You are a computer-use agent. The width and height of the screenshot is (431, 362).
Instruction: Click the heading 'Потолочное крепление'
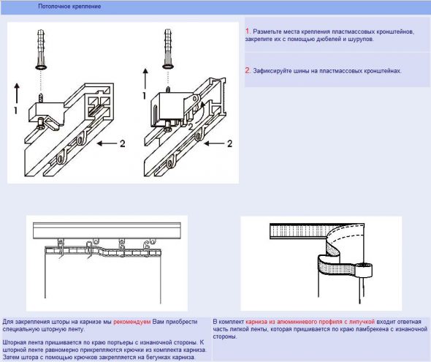pyautogui.click(x=69, y=6)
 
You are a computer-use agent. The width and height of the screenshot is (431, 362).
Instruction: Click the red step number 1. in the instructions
pyautogui.click(x=248, y=31)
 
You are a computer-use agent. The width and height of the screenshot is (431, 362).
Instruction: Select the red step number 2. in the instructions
pyautogui.click(x=248, y=70)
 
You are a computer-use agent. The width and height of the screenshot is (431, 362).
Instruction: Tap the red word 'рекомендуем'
pyautogui.click(x=132, y=322)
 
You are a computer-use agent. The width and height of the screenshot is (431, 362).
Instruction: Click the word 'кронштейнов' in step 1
pyautogui.click(x=395, y=31)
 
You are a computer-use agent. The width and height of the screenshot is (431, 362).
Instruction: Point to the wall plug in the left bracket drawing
pyautogui.click(x=41, y=49)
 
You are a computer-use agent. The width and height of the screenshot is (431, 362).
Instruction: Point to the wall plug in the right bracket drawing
pyautogui.click(x=168, y=49)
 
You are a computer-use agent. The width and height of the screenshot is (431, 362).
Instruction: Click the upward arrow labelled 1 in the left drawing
pyautogui.click(x=17, y=94)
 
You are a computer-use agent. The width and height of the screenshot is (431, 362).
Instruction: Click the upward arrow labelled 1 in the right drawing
pyautogui.click(x=145, y=78)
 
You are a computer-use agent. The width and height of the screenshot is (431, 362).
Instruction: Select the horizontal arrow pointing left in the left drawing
pyautogui.click(x=107, y=143)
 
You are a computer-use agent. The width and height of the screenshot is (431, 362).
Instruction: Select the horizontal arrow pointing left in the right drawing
pyautogui.click(x=214, y=143)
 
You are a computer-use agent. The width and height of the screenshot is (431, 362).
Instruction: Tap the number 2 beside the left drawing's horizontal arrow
pyautogui.click(x=123, y=143)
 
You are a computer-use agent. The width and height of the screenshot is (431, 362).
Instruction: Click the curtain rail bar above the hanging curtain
pyautogui.click(x=107, y=230)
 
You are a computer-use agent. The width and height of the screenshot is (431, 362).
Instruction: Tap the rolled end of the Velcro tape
pyautogui.click(x=364, y=270)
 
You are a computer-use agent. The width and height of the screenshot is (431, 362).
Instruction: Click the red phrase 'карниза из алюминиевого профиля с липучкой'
pyautogui.click(x=310, y=322)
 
